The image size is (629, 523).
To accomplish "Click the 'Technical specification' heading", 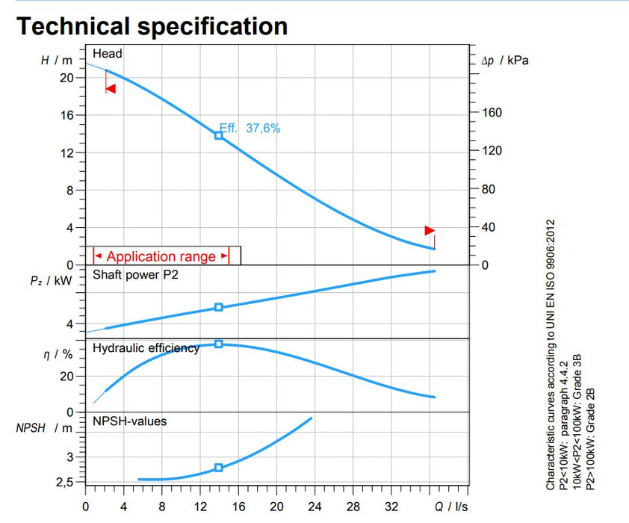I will [152, 25].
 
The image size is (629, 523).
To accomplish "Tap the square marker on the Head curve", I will [219, 135].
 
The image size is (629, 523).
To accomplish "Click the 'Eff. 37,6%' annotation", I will [250, 129].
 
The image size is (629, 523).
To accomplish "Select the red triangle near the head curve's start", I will [111, 89].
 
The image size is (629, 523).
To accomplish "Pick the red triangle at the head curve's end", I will [429, 230].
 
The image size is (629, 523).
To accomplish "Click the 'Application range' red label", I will [161, 256].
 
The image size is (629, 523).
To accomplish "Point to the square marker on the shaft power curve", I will [219, 307].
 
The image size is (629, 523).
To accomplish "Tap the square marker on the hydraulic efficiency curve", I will [219, 344].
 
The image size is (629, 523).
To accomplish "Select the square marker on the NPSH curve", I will [219, 468].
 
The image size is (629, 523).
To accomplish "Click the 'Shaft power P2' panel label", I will [135, 274].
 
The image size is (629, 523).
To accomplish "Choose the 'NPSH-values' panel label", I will [129, 421].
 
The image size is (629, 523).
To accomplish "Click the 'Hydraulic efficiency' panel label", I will [146, 348].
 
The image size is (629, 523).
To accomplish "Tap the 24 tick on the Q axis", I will [314, 504].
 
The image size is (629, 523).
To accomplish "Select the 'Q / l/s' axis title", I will [451, 504].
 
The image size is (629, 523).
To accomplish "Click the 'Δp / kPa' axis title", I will [505, 61].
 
